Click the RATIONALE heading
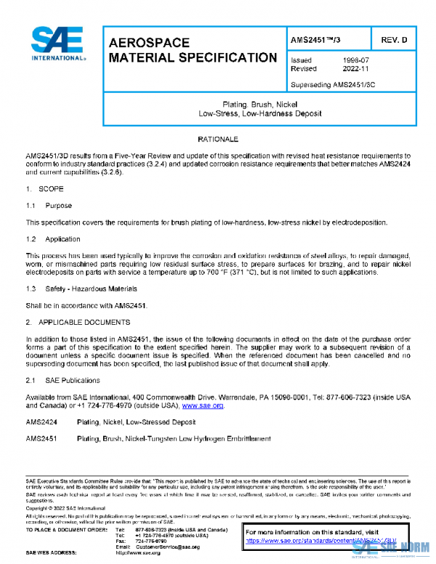[x=218, y=138]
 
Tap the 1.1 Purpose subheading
[x=49, y=206]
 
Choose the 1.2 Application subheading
[x=52, y=239]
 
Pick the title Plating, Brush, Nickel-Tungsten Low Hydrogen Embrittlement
[x=174, y=438]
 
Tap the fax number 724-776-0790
[x=150, y=541]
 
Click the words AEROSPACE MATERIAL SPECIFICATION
[x=192, y=50]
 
